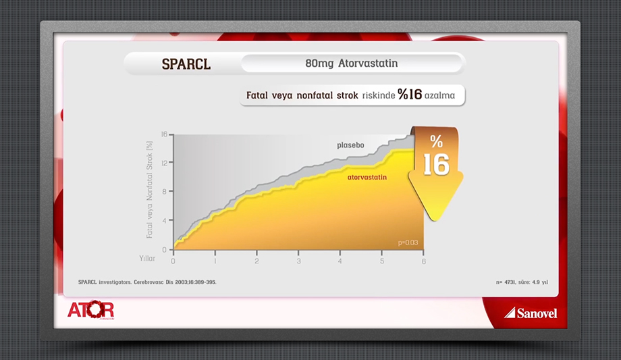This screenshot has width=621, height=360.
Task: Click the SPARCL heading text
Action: [186, 64]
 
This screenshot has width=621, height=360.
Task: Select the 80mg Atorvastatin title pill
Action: [352, 63]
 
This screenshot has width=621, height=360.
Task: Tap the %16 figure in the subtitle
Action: [410, 95]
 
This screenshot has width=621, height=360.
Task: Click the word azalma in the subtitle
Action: [439, 95]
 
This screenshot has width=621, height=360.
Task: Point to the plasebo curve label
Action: [350, 145]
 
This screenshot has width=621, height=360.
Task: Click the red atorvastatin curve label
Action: [367, 177]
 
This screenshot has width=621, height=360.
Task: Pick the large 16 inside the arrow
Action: [437, 164]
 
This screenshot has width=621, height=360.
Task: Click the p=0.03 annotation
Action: [408, 242]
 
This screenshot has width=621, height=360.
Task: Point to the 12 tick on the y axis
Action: [164, 163]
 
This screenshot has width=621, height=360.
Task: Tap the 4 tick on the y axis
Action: [165, 221]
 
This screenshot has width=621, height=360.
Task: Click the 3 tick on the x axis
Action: [298, 261]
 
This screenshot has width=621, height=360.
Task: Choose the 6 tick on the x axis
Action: [424, 261]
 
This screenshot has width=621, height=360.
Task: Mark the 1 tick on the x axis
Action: [215, 261]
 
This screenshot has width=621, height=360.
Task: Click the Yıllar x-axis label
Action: [147, 259]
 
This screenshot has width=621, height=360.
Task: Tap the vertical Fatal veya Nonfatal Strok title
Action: [149, 190]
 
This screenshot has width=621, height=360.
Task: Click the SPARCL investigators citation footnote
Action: [147, 282]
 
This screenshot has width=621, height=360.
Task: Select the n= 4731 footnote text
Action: [522, 282]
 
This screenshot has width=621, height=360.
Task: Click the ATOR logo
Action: [90, 309]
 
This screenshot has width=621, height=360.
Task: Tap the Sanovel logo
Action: [531, 313]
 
